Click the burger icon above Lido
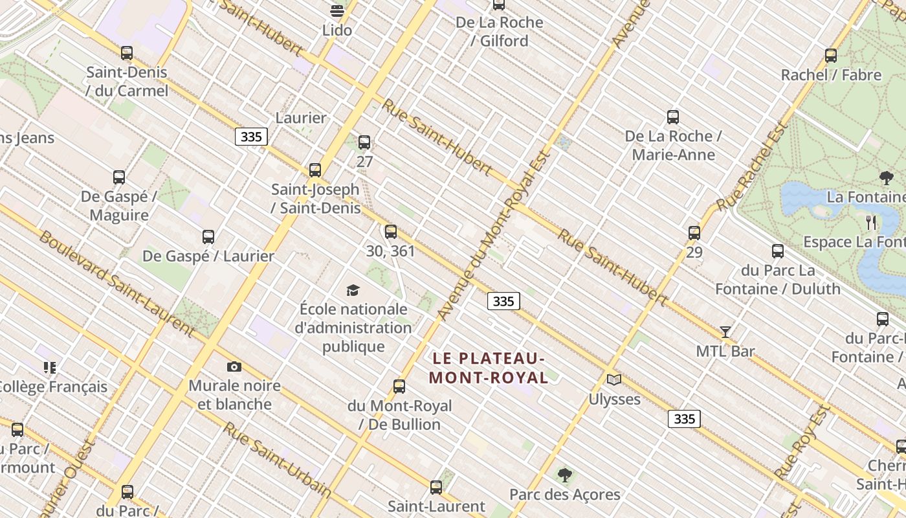click(x=337, y=10)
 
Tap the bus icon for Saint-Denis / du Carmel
click(x=127, y=53)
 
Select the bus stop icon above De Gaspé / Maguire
click(x=119, y=177)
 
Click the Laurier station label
click(x=301, y=118)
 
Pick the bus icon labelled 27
click(x=364, y=142)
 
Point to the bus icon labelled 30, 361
click(x=391, y=232)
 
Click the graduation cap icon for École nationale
click(x=353, y=290)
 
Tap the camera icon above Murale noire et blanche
click(x=234, y=367)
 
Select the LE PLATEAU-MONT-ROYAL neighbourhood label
click(x=489, y=368)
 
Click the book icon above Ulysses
click(x=614, y=380)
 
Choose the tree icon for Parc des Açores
click(x=565, y=476)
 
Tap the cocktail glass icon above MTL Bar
click(x=725, y=332)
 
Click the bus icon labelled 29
click(x=694, y=233)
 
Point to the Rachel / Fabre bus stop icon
click(x=831, y=56)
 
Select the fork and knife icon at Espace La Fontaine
click(x=871, y=223)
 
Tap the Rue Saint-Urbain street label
click(x=278, y=460)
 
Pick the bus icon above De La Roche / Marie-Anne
click(x=673, y=117)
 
